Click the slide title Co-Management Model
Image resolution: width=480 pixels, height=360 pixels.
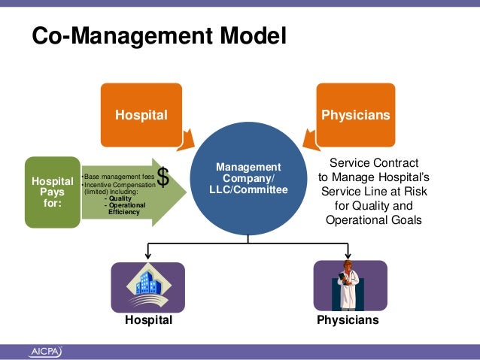tap(159, 35)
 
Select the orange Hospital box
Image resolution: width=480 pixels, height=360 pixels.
tap(141, 115)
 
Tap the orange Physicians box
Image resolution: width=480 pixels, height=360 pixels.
tap(356, 115)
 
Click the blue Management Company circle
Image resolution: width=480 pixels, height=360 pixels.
tap(248, 178)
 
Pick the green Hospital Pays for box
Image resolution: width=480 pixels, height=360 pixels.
tap(52, 191)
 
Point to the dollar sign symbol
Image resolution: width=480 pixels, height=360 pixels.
tap(163, 177)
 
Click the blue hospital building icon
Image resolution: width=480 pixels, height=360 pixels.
tap(148, 287)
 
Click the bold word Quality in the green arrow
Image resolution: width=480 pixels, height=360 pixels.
tap(120, 198)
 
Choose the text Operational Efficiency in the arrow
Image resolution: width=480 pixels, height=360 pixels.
tap(125, 208)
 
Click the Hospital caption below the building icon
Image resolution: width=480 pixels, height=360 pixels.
tap(148, 320)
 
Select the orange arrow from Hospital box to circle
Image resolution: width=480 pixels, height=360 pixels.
tap(187, 138)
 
